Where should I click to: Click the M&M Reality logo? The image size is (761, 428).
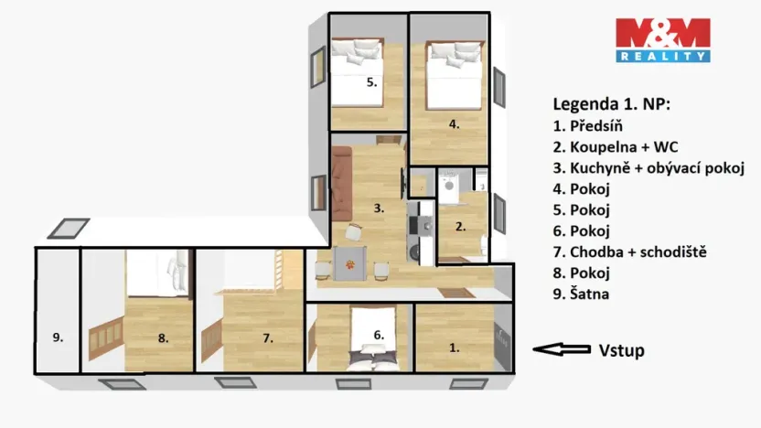coord(662,39)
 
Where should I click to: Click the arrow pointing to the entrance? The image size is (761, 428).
coord(562,348)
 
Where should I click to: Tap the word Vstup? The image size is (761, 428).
coord(622,349)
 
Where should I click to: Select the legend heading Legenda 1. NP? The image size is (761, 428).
coord(611,104)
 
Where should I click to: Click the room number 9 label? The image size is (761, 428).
coord(57,337)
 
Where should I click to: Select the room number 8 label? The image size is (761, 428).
coord(163,338)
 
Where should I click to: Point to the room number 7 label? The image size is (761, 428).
coord(268,338)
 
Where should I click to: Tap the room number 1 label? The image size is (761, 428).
coord(455,347)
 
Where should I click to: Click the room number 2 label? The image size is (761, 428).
coord(461,225)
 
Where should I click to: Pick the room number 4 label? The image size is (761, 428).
coord(453,123)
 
